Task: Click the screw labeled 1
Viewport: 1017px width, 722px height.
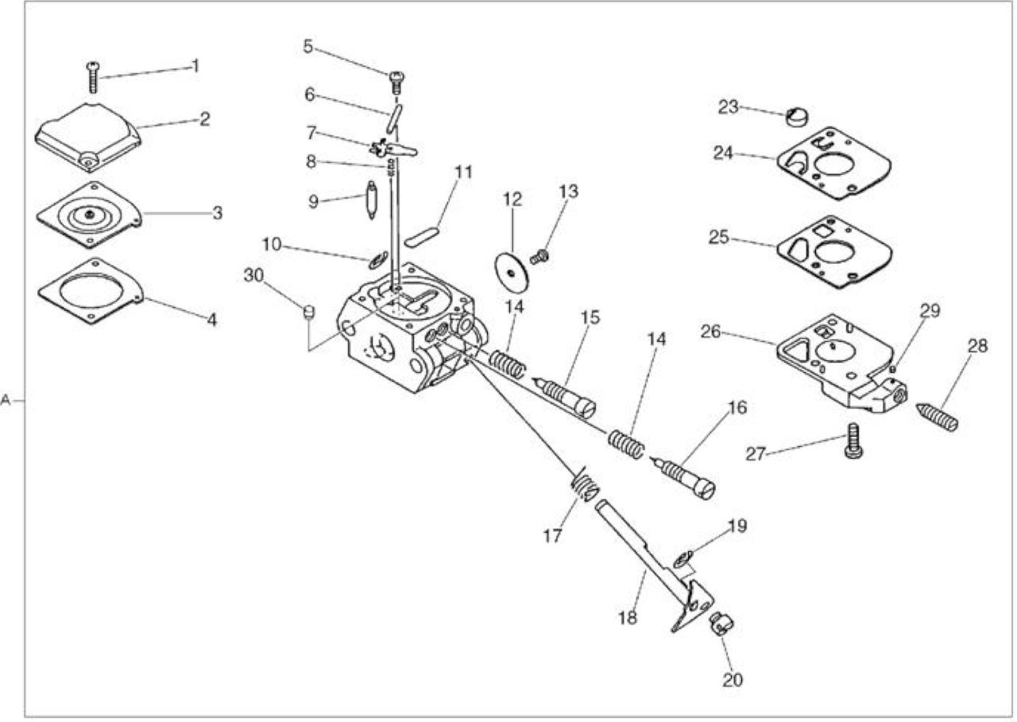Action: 93,77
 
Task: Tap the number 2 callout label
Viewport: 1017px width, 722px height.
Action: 205,119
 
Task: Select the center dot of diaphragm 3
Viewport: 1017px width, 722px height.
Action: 88,215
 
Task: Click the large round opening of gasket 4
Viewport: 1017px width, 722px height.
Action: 91,290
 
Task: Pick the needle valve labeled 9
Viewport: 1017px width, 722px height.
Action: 372,200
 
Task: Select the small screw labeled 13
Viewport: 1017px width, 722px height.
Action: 539,257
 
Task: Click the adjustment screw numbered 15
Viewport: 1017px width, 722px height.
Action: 564,394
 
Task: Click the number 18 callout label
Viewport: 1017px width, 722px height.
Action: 628,618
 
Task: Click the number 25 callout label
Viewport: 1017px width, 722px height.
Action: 719,237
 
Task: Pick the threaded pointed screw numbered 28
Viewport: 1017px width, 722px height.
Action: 937,417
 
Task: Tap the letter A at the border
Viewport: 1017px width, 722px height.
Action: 6,400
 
